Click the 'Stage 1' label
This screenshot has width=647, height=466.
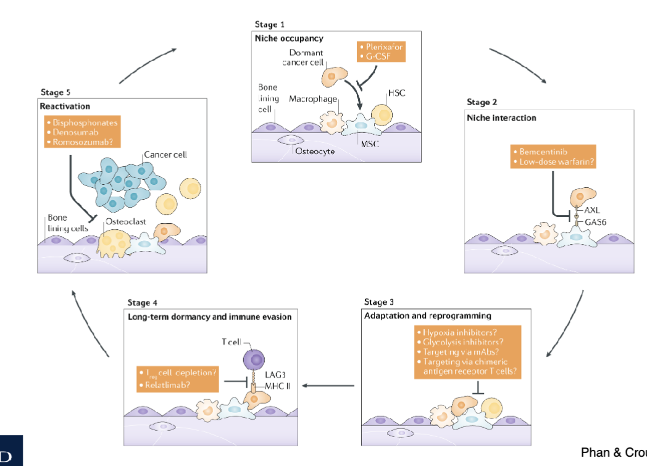pos(270,24)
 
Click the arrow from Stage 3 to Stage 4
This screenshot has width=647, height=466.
pos(330,386)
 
